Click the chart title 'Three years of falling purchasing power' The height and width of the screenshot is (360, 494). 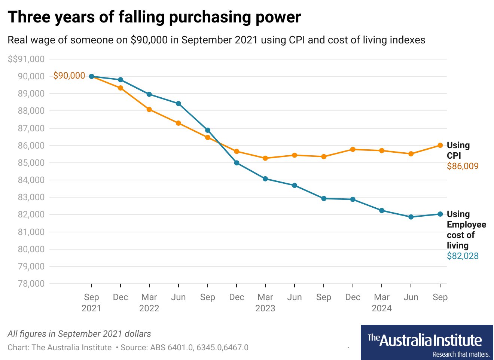[154, 17]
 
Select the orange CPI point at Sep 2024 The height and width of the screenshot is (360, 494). [440, 145]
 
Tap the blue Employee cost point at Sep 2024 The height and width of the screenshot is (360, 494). [440, 214]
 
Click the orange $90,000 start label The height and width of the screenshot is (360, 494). [69, 76]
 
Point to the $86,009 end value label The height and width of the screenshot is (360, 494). [463, 166]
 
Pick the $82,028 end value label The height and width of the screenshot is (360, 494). [463, 256]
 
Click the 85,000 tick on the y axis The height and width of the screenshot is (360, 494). [31, 163]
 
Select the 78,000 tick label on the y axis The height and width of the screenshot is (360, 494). [31, 284]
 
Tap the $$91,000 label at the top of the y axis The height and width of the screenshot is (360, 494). [26, 59]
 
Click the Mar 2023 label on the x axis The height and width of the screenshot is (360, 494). [265, 302]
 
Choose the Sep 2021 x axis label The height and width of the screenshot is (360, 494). [91, 302]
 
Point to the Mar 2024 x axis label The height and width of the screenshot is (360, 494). [382, 302]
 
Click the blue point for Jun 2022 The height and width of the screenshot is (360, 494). [179, 104]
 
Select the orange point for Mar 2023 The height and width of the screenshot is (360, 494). [265, 158]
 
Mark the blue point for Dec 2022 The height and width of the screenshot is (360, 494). [237, 163]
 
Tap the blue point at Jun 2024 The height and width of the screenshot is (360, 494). [411, 217]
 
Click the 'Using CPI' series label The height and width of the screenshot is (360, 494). [458, 150]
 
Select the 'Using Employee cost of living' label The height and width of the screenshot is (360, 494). [466, 230]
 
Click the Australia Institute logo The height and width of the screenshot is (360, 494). [427, 342]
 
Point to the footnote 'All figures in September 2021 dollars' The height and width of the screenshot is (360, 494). [79, 334]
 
